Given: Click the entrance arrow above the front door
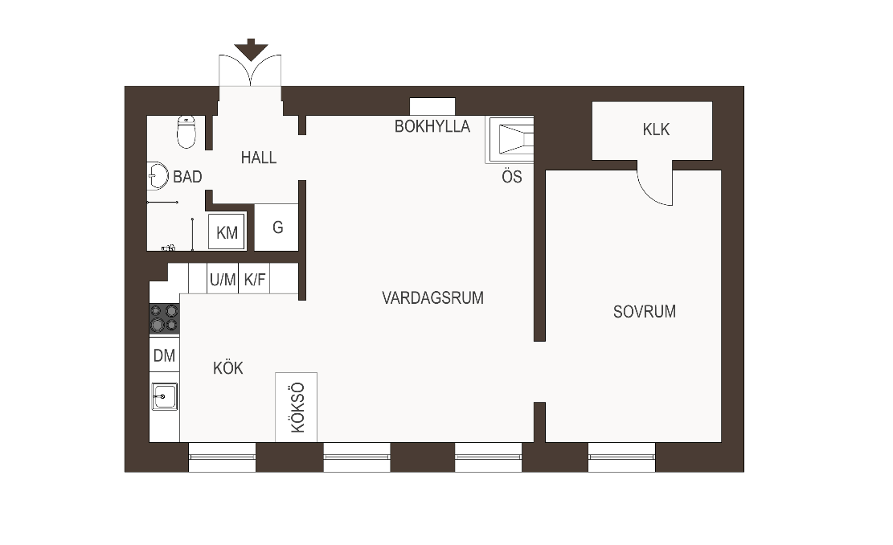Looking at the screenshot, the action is (x=251, y=50).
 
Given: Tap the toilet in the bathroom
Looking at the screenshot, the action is (x=186, y=132).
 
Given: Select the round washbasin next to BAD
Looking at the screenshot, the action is (x=158, y=176).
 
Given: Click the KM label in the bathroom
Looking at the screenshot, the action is (x=227, y=232).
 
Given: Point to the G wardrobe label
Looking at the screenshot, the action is (x=278, y=227).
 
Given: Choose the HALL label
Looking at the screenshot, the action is (x=259, y=158).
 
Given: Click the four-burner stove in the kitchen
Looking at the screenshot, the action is (x=165, y=318).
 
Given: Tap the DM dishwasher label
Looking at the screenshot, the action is (x=165, y=355).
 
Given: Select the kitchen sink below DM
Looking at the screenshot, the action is (x=165, y=396).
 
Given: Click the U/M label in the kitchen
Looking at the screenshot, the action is (x=223, y=280).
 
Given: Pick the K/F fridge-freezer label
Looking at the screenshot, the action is (x=255, y=280).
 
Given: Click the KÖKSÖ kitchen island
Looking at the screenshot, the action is (x=296, y=408).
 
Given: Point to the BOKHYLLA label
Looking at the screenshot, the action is (x=432, y=126).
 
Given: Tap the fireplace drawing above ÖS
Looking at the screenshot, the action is (x=510, y=140).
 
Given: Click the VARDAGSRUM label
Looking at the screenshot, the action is (x=432, y=298).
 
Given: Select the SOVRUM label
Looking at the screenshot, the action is (x=645, y=312).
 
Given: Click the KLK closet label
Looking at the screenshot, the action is (x=656, y=129).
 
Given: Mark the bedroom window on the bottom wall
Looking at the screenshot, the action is (x=622, y=457).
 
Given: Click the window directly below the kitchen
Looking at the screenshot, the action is (x=222, y=457).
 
